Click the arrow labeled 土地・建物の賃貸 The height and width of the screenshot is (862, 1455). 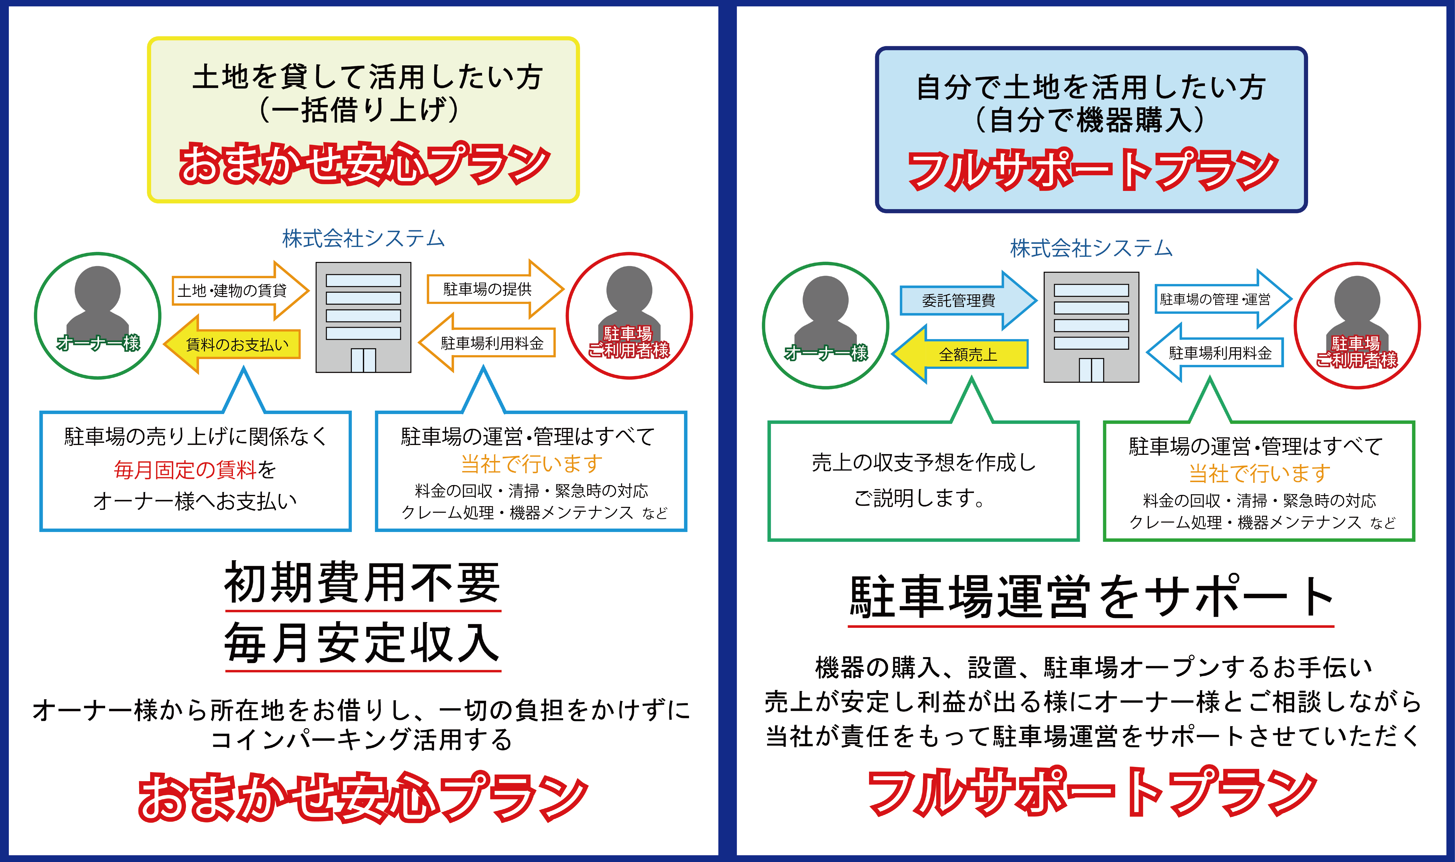(x=238, y=290)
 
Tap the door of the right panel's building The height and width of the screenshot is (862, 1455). (x=1091, y=370)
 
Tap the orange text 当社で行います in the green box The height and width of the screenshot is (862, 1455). (x=1259, y=474)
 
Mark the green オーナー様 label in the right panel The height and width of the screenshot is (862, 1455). (x=826, y=353)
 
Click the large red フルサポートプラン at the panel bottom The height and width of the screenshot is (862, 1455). (x=1092, y=793)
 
